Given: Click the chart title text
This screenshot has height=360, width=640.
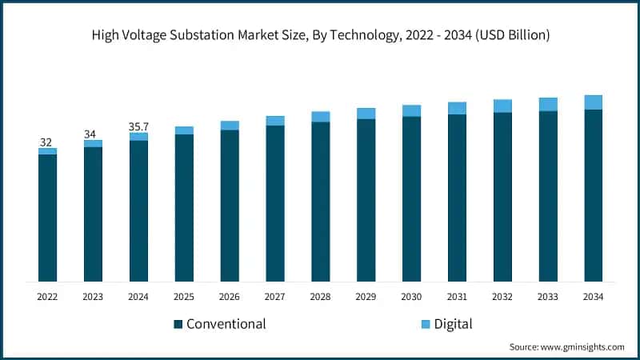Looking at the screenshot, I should coord(320,34).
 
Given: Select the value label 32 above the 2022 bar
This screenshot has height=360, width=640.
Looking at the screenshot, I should coord(47,142).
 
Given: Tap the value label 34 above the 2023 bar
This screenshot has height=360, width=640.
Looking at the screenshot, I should coord(93,134).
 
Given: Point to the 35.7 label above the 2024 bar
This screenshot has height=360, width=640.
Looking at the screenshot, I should coord(138,126).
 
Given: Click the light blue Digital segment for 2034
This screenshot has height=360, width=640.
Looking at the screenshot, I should coord(593,102).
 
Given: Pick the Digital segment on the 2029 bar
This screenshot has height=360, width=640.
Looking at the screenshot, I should coord(366,114).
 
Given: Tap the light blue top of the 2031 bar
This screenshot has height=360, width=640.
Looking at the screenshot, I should coord(457,108).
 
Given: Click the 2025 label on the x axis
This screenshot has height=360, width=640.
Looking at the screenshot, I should coord(184,297).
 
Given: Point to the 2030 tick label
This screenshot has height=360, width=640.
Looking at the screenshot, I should coord(411,297).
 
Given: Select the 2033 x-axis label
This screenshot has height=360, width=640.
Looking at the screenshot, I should coord(547,297).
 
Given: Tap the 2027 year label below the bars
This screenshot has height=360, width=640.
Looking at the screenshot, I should coord(275,297).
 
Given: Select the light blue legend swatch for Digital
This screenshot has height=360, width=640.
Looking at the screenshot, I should coord(425,324).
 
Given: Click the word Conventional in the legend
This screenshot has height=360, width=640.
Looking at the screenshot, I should coord(226,324).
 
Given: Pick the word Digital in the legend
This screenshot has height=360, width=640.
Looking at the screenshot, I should coord(453,324).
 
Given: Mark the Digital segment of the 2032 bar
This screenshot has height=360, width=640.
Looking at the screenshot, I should coord(502,106).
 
